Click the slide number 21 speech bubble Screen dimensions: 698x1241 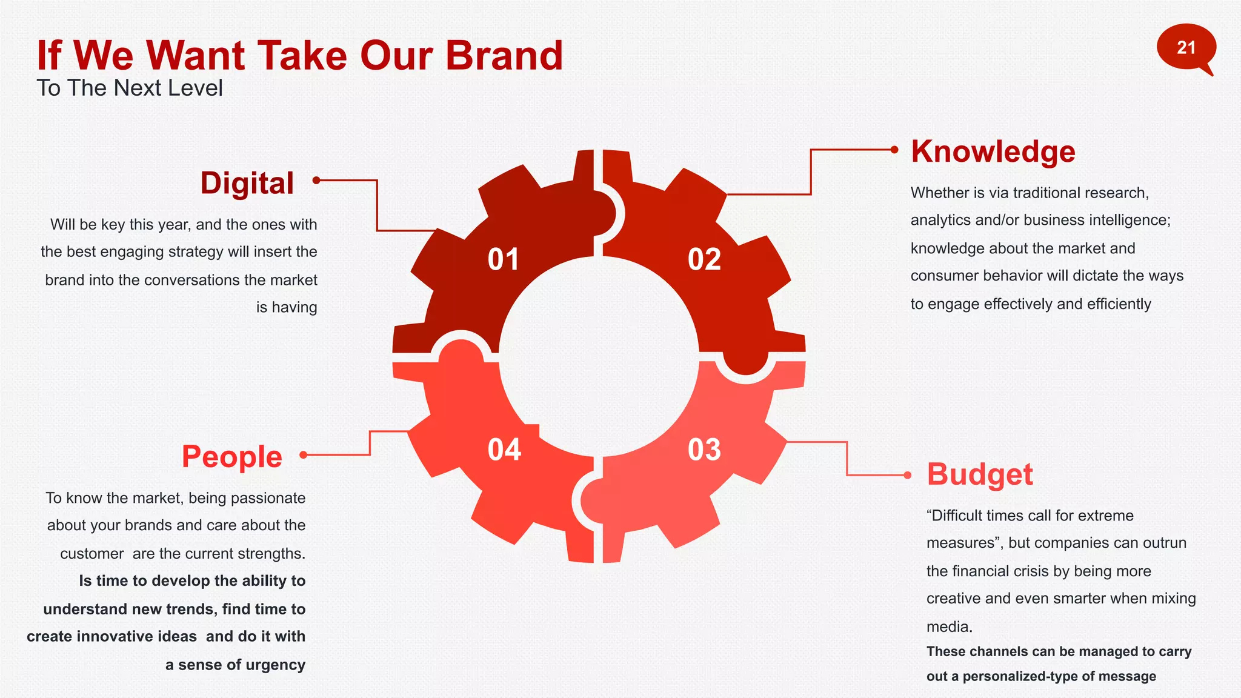[1185, 48]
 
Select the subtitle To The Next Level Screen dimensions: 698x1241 [130, 88]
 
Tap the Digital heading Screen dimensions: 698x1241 [247, 183]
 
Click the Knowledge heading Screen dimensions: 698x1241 [993, 151]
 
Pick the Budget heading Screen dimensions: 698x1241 [980, 474]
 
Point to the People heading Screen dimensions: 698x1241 [232, 456]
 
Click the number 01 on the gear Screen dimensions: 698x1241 [504, 259]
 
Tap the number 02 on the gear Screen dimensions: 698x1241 [704, 259]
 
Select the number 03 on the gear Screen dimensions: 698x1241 [704, 450]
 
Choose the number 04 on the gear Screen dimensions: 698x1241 [504, 450]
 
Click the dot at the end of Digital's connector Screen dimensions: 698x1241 [316, 180]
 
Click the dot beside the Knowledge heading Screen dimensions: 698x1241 [894, 150]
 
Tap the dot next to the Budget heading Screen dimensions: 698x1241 [907, 475]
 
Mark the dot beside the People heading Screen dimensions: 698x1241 [304, 454]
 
